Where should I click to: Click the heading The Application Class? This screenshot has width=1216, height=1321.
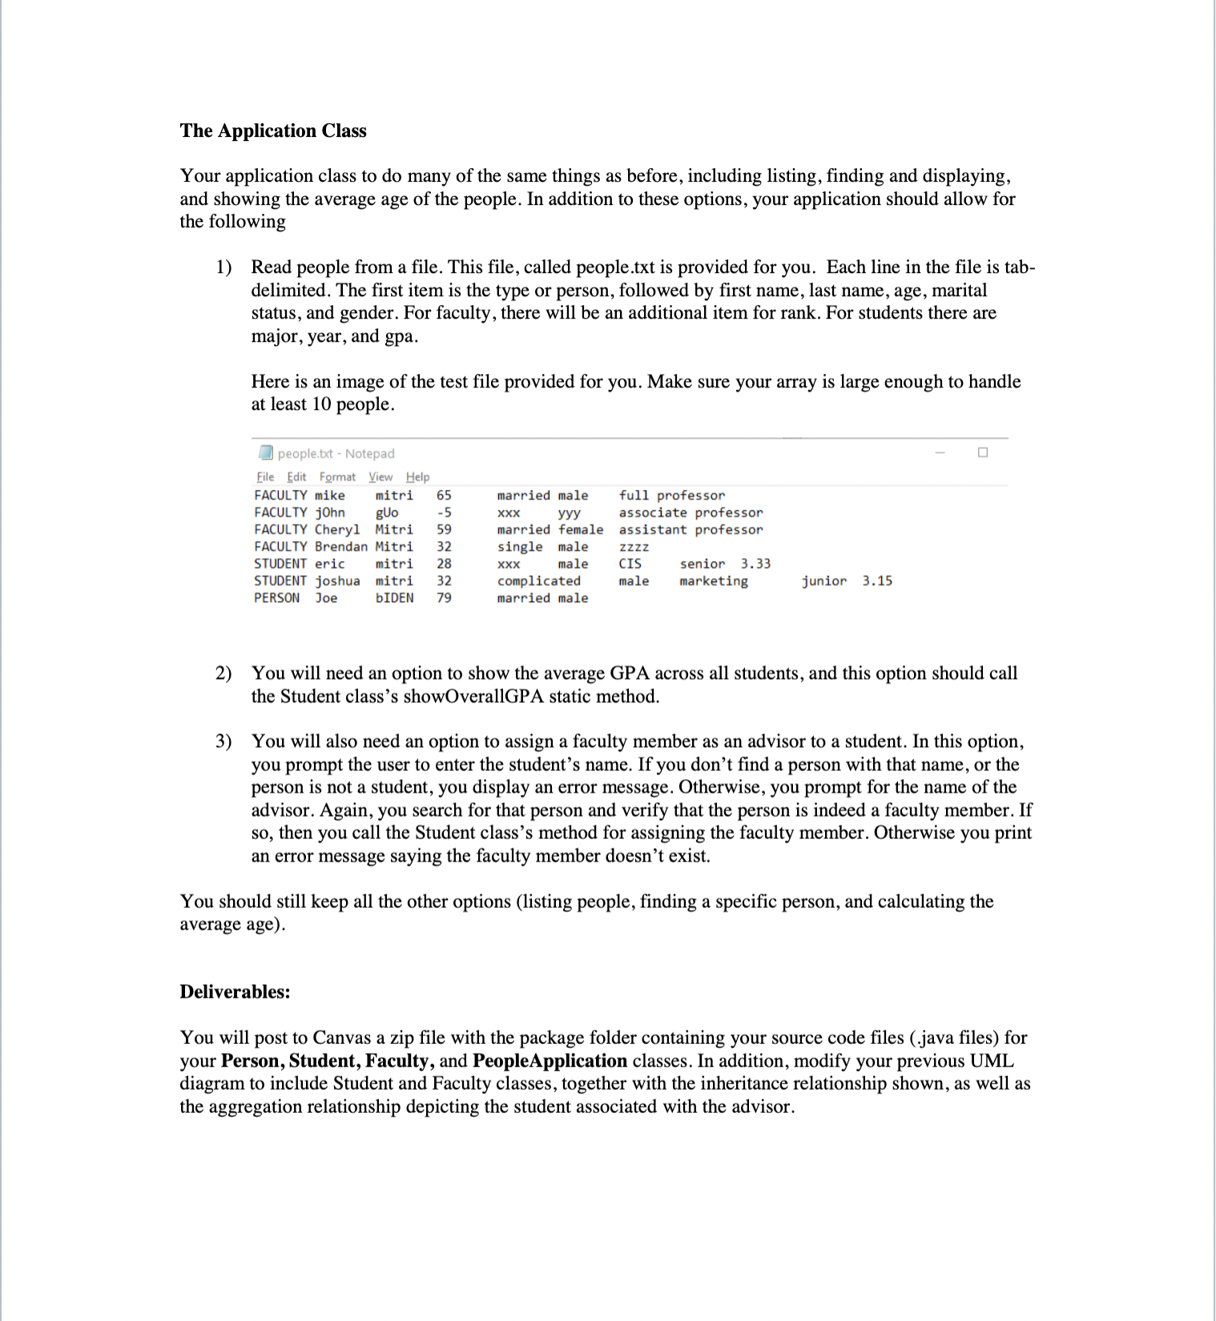coord(272,130)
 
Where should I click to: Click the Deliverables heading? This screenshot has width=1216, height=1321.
coord(235,992)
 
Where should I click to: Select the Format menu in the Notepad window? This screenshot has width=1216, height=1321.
coord(337,476)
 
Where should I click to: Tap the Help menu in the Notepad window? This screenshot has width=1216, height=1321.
coord(417,476)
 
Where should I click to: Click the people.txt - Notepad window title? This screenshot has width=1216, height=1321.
coord(336,453)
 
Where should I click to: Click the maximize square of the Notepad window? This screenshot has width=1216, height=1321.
coord(983,452)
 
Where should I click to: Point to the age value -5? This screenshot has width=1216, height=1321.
coord(444,512)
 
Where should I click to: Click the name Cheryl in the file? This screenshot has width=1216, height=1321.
coord(336,529)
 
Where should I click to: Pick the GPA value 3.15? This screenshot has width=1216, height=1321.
coord(877,580)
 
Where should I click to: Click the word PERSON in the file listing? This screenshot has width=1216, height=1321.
coord(276,598)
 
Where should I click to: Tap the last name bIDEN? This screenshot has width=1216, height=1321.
coord(394,598)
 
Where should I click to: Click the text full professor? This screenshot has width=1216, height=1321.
coord(671,496)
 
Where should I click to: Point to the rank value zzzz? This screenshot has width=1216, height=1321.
coord(634,547)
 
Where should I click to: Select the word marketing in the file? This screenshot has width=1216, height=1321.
coord(713,580)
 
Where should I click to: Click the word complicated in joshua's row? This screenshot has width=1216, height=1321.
coord(538,580)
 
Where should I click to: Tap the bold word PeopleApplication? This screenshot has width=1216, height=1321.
coord(550,1061)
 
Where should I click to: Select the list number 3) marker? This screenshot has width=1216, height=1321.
coord(223,741)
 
